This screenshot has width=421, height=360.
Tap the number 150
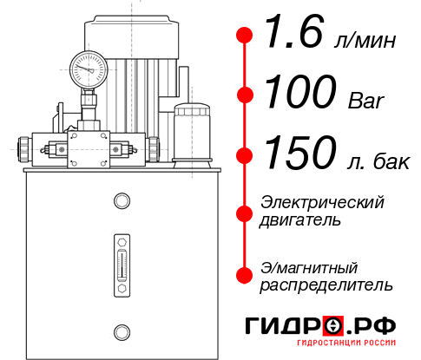299,155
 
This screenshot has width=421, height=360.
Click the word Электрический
322,202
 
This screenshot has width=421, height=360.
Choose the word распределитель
326,285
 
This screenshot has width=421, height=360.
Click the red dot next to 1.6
245,36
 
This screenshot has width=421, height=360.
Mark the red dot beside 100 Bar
245,95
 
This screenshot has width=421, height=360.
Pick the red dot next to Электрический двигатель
245,211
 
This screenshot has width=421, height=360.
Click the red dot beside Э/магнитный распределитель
245,275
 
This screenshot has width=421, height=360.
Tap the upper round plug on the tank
121,202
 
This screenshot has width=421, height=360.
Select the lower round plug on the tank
121,330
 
